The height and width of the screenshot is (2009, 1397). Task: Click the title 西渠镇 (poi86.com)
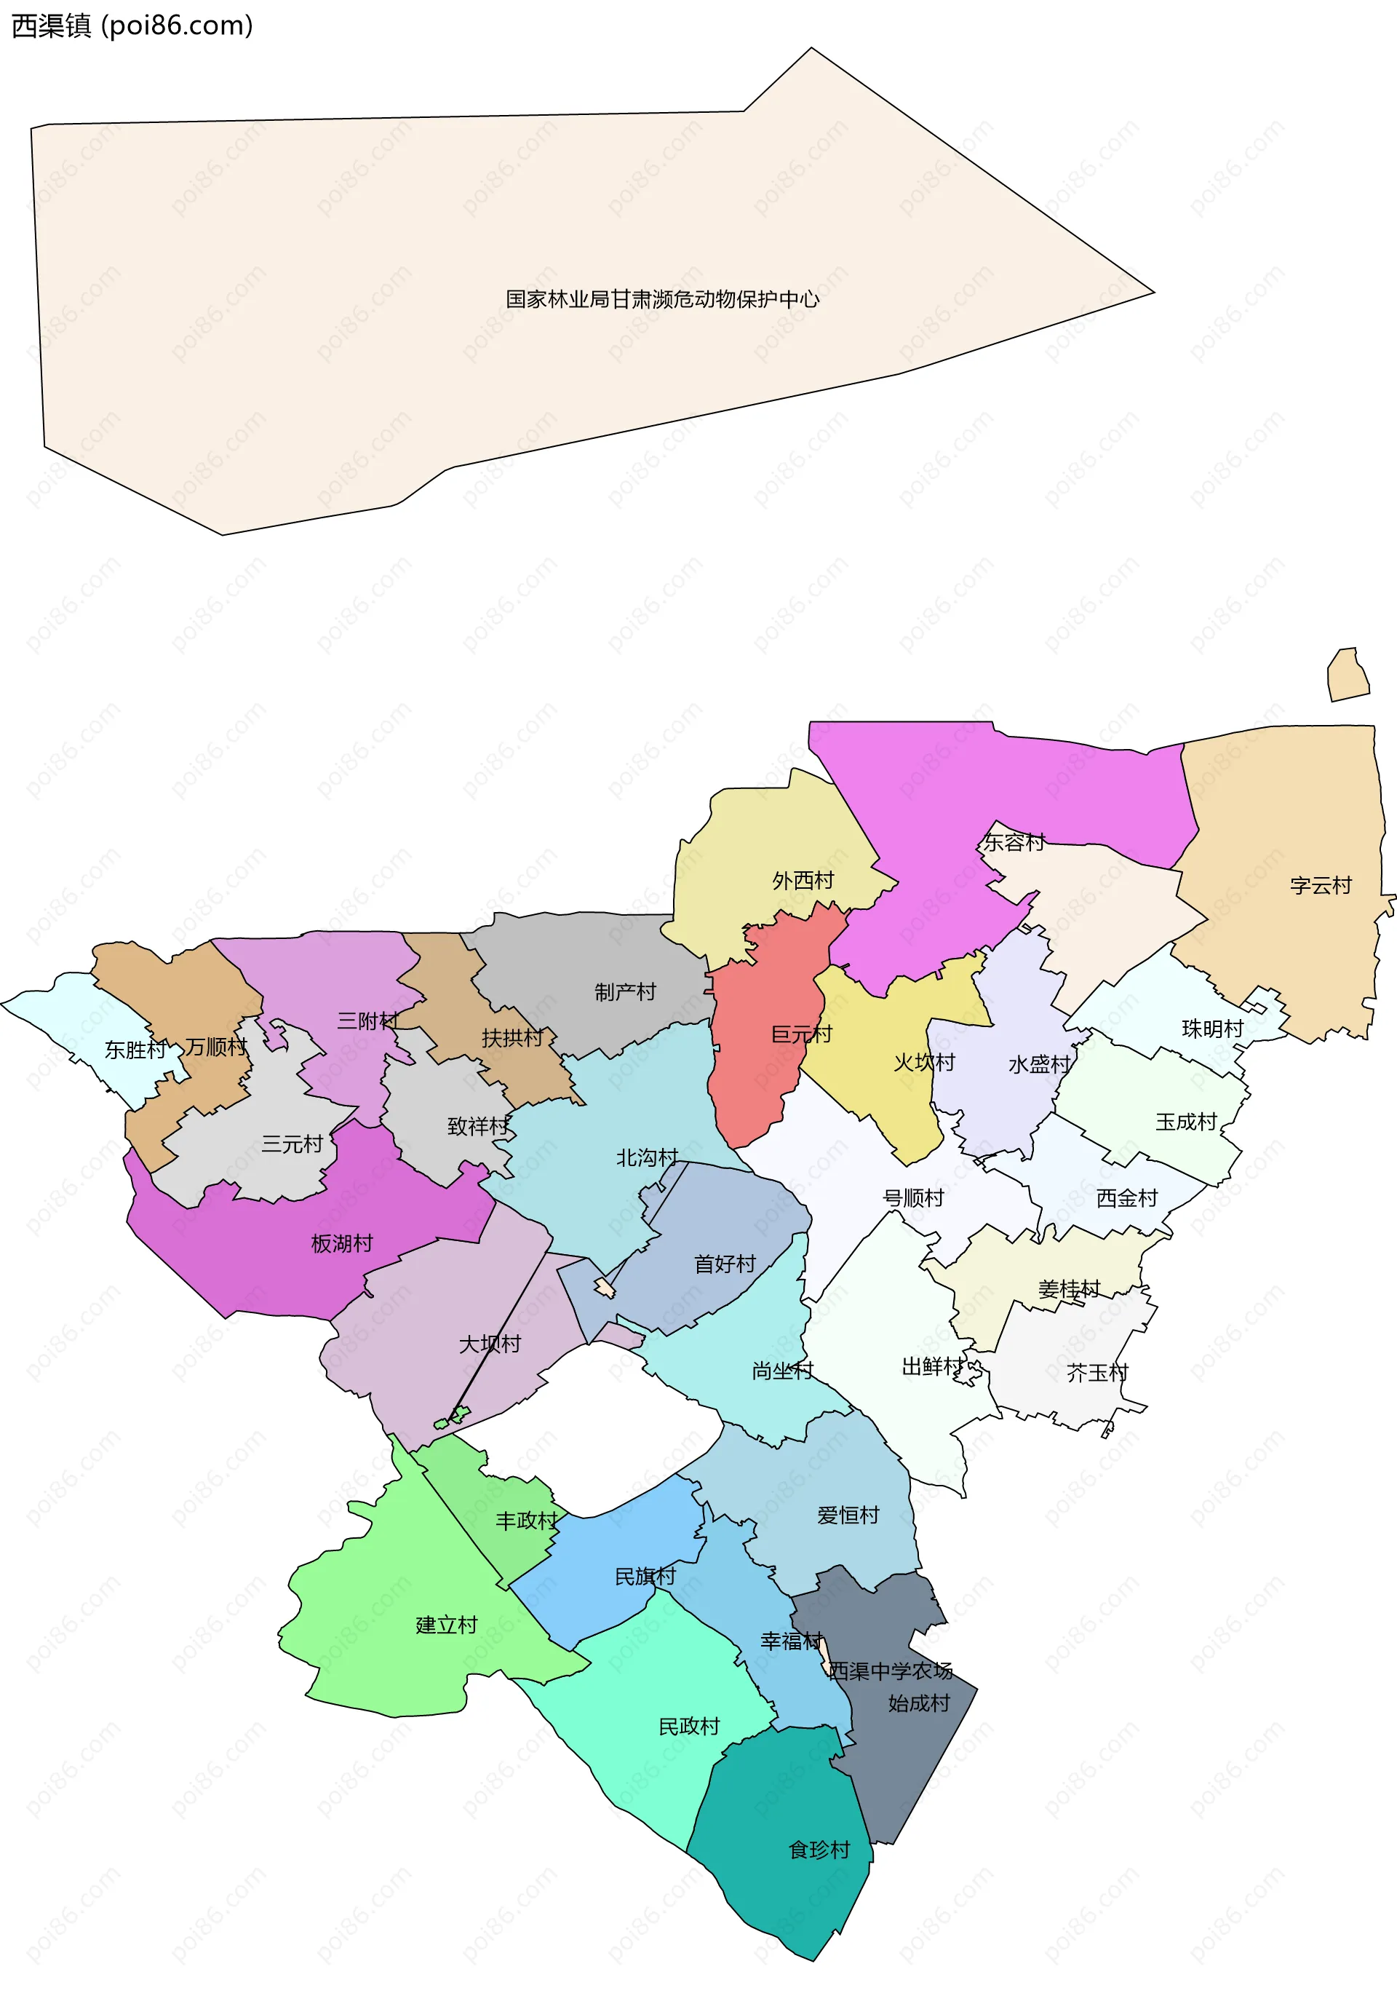131,25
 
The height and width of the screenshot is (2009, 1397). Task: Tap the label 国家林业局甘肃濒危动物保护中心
662,299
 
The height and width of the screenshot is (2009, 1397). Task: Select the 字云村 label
1320,886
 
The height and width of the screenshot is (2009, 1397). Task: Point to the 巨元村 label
800,1034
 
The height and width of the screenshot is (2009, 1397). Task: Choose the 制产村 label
624,991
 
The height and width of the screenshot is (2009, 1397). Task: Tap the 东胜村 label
135,1049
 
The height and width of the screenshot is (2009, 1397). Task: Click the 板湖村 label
341,1243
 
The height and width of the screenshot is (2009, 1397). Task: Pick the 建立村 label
446,1625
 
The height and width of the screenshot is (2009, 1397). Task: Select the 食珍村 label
819,1850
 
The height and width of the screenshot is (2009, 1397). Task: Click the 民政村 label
688,1727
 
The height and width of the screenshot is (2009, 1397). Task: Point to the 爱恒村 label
848,1515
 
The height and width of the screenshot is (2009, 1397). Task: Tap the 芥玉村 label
1097,1373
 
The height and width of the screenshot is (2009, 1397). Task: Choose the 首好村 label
724,1264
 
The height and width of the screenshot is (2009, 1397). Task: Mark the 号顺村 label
913,1198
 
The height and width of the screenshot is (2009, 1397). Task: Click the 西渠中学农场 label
890,1671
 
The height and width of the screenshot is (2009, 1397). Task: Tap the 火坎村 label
924,1062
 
